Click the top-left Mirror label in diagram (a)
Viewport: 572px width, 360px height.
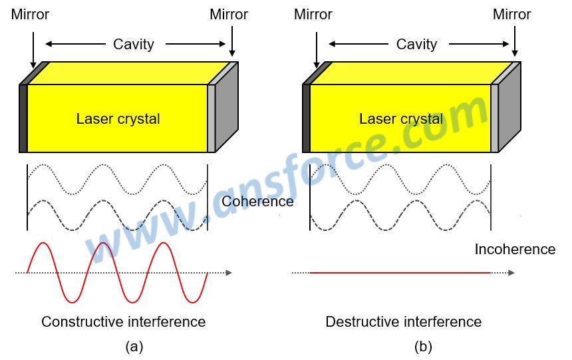[31, 14]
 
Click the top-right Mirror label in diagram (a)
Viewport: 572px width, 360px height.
[229, 14]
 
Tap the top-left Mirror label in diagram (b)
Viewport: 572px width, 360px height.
[313, 14]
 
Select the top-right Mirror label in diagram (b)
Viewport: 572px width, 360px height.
[512, 14]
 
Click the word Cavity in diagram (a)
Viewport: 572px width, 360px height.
[134, 45]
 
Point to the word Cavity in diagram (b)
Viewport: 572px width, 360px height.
[417, 45]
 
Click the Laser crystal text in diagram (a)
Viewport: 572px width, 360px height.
[118, 119]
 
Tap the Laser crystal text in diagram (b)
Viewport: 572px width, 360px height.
[401, 119]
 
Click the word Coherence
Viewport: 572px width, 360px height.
[258, 201]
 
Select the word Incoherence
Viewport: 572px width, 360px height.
[515, 250]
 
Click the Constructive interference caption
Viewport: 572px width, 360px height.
[124, 322]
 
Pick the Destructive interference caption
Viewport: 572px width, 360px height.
[404, 322]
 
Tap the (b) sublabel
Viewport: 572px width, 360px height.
[422, 347]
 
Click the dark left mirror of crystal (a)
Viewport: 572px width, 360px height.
[23, 118]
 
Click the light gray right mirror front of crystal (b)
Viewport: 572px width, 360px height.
[494, 118]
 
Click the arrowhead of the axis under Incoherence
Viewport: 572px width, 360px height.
[511, 273]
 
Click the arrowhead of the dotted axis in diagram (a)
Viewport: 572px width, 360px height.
[228, 273]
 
